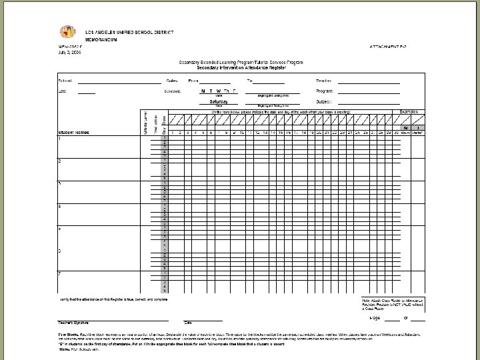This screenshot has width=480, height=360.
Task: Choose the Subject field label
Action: pos(325,101)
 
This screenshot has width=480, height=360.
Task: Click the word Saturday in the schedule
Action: pos(219,101)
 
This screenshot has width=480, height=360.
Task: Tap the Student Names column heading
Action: pos(74,133)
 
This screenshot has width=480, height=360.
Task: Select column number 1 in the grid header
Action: pos(171,133)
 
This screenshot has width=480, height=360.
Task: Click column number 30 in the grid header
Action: pos(397,133)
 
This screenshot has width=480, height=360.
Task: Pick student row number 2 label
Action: pos(60,161)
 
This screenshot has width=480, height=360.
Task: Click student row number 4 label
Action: pos(60,206)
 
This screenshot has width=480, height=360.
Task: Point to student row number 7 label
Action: pos(60,273)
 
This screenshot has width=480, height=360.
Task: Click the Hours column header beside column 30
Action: pos(406,133)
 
